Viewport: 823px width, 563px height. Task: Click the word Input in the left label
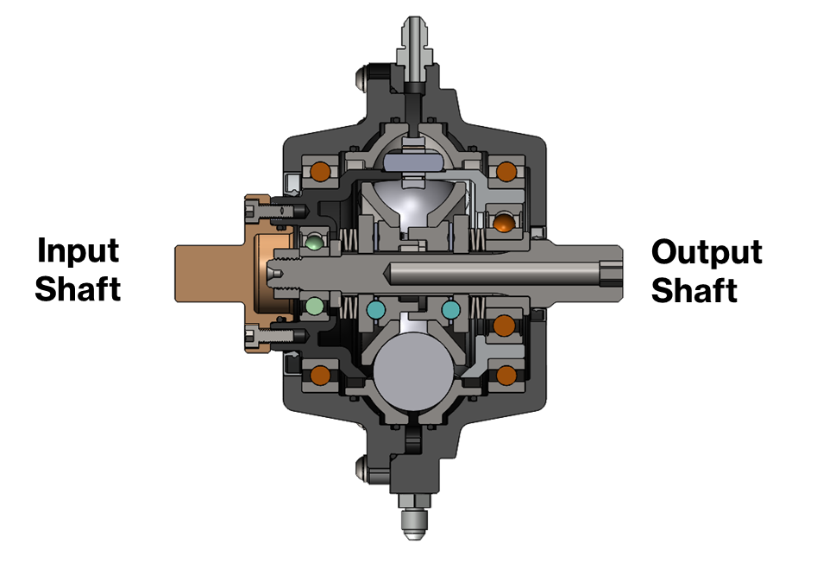(x=79, y=251)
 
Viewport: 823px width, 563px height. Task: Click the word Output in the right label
(x=707, y=253)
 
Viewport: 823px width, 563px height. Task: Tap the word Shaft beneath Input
(x=78, y=288)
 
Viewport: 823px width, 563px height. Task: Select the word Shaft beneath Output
(x=694, y=290)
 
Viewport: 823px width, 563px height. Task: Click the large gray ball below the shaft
(x=413, y=370)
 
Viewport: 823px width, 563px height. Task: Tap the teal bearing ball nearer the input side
(x=375, y=309)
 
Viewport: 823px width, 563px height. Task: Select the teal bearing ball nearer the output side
(x=451, y=309)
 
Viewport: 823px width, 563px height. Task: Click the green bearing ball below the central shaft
(x=314, y=305)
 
